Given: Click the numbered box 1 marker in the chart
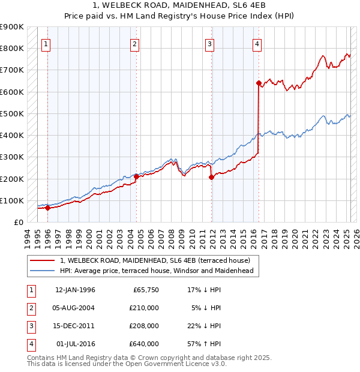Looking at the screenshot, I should pyautogui.click(x=46, y=43).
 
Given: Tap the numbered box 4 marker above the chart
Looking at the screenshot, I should pyautogui.click(x=257, y=43).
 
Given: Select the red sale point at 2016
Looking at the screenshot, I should pyautogui.click(x=259, y=83).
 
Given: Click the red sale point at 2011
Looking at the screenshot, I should pyautogui.click(x=211, y=177).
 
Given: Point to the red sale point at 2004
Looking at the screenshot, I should pyautogui.click(x=136, y=176).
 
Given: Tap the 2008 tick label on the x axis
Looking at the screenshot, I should pyautogui.click(x=172, y=236).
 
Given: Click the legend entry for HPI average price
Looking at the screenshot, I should pyautogui.click(x=157, y=271).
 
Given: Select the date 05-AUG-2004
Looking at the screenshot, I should pyautogui.click(x=75, y=308).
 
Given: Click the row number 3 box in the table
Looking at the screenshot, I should pyautogui.click(x=30, y=326).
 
